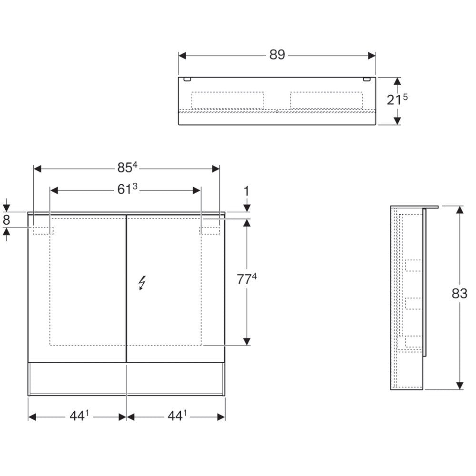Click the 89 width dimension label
(x=277, y=55)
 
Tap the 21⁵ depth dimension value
(x=397, y=99)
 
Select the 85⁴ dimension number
(x=128, y=168)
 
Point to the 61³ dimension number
(x=128, y=189)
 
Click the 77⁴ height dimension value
(x=247, y=279)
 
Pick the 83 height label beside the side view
(x=459, y=294)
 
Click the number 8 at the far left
(x=6, y=220)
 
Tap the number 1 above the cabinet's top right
(x=247, y=191)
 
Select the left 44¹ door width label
(x=79, y=416)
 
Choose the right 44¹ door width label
(x=177, y=416)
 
